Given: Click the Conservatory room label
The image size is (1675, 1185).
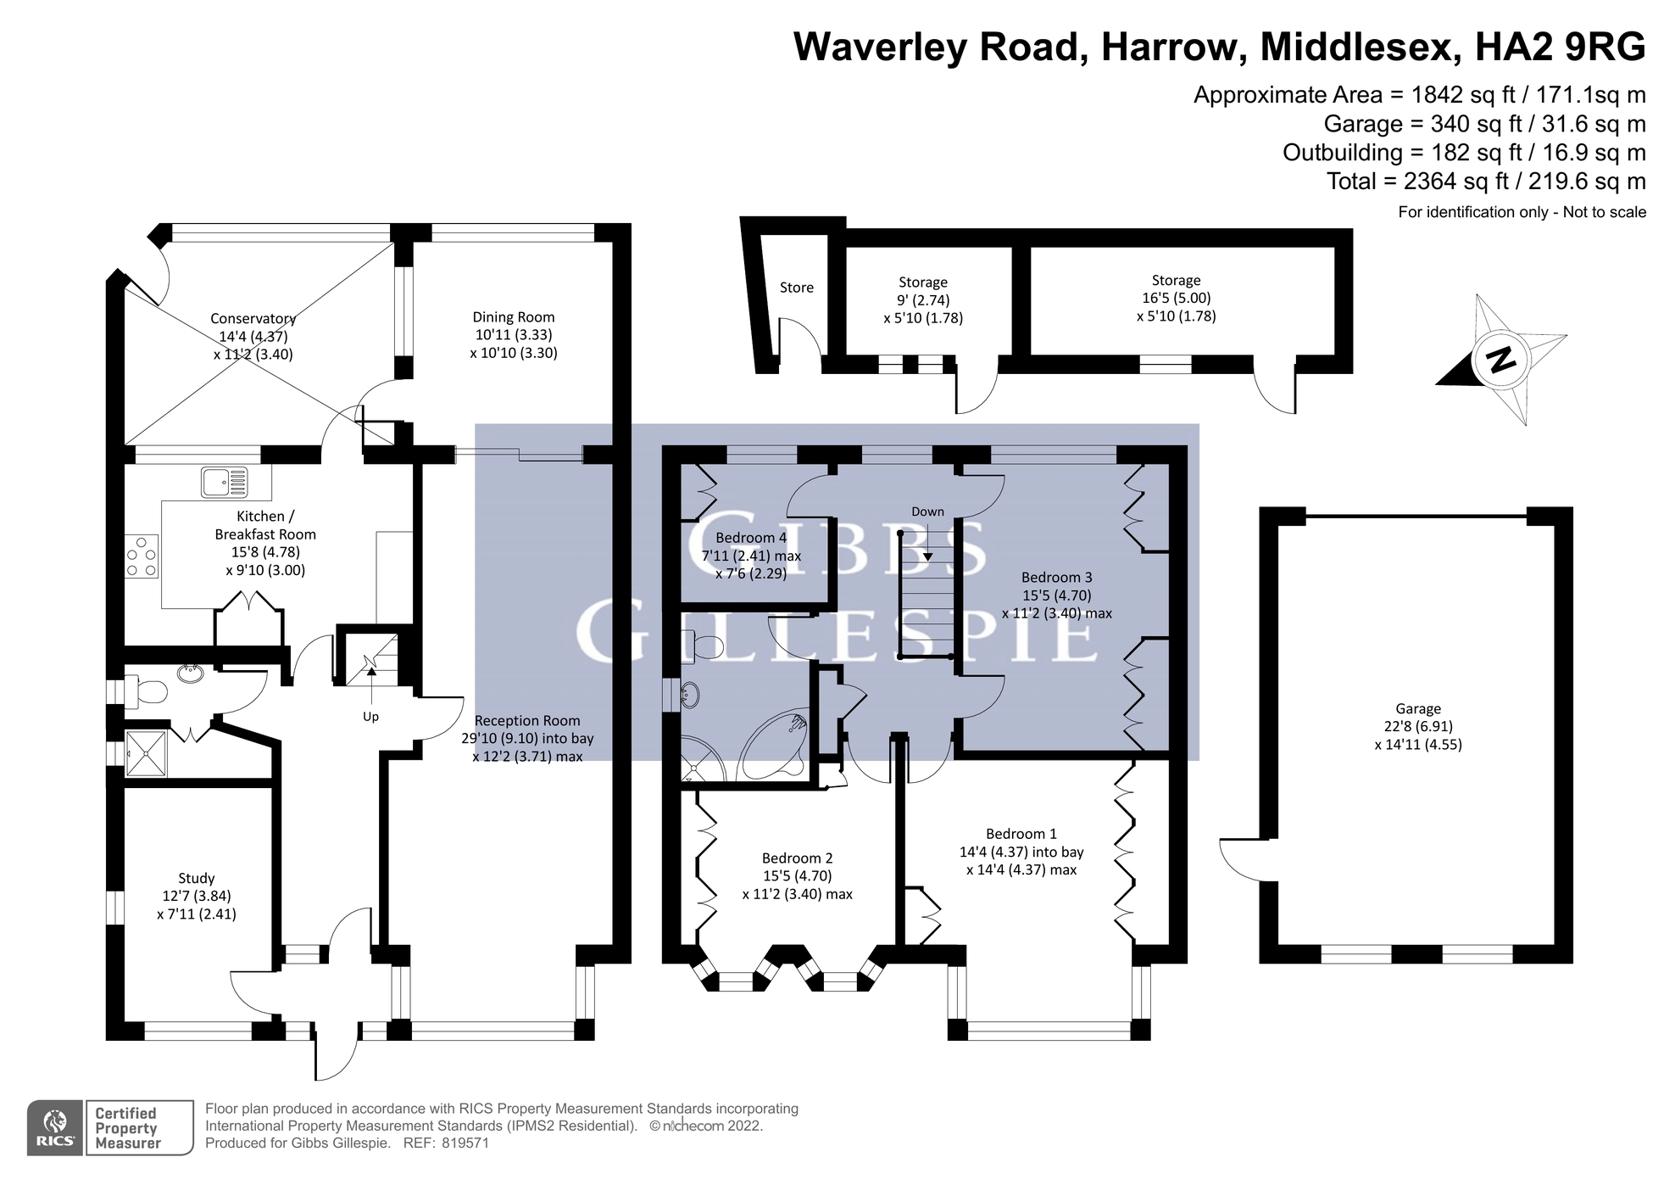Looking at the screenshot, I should point(253,319).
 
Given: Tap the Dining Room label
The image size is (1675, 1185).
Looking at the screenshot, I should point(514,317).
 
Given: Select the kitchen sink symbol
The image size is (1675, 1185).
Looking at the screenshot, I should point(225,482).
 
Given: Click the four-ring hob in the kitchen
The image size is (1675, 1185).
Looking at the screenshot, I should point(142,556).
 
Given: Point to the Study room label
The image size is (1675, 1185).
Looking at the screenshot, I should point(196,878).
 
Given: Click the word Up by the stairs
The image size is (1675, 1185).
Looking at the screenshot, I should point(370,717).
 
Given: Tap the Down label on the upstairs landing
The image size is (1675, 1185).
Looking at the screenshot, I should point(927,511).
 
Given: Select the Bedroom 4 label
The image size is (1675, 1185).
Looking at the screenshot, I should point(751,538).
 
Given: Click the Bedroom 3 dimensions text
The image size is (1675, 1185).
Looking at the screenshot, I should point(1056,604).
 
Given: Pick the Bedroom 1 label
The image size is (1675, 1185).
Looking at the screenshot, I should point(1021,834).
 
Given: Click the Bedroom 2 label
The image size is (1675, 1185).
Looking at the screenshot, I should point(797,858).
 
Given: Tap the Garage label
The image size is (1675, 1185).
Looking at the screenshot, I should point(1417,709).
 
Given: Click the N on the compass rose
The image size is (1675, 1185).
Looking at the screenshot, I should point(1501,360).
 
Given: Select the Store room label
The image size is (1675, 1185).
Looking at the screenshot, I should point(796,288).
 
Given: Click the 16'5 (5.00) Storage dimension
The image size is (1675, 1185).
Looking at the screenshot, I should point(1176,298).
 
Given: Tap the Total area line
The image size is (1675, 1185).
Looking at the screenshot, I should point(1486,181).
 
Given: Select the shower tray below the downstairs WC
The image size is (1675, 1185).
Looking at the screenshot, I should point(147,753).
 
